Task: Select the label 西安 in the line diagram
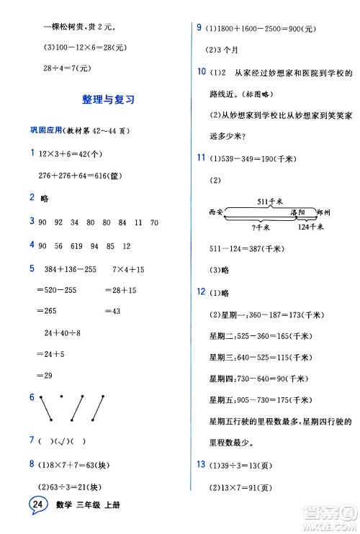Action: click(215, 213)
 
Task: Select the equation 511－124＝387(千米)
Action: click(257, 248)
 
